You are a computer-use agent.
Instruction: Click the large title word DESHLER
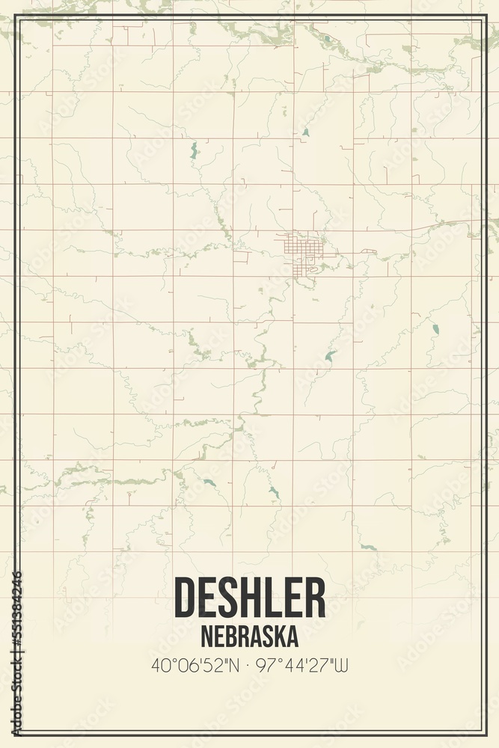[x=250, y=598]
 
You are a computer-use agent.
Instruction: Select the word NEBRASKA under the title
[x=250, y=636]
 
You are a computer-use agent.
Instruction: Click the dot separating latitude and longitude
[x=249, y=663]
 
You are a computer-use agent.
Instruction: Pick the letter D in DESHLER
[x=185, y=598]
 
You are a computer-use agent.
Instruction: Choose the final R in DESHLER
[x=315, y=598]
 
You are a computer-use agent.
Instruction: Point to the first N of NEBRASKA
[x=206, y=636]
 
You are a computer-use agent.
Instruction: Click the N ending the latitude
[x=235, y=663]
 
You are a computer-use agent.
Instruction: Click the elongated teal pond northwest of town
[x=193, y=150]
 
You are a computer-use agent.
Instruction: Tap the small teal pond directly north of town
[x=304, y=133]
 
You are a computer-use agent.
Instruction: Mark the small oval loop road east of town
[x=367, y=252]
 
